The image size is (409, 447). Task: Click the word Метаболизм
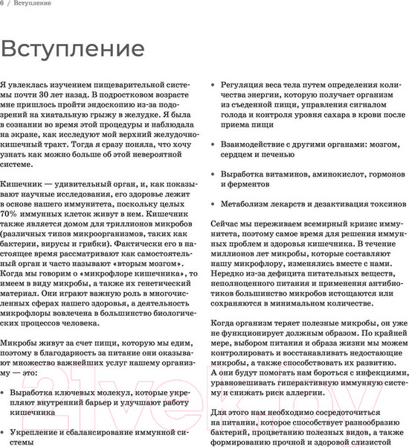click(x=250, y=203)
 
